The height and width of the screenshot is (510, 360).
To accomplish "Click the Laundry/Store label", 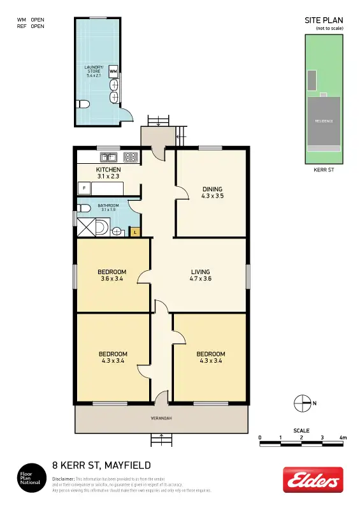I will (94, 71).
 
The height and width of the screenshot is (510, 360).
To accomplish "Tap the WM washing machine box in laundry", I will (113, 71).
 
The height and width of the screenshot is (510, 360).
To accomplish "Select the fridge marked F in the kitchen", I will (83, 188).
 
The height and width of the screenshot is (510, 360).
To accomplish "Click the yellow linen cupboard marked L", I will (135, 232).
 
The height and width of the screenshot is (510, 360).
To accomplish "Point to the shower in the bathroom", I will (86, 227).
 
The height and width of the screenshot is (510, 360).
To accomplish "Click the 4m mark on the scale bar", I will (343, 438).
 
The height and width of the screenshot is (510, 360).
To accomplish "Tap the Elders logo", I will (313, 479).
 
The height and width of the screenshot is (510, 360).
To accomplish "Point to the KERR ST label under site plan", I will (324, 170).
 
